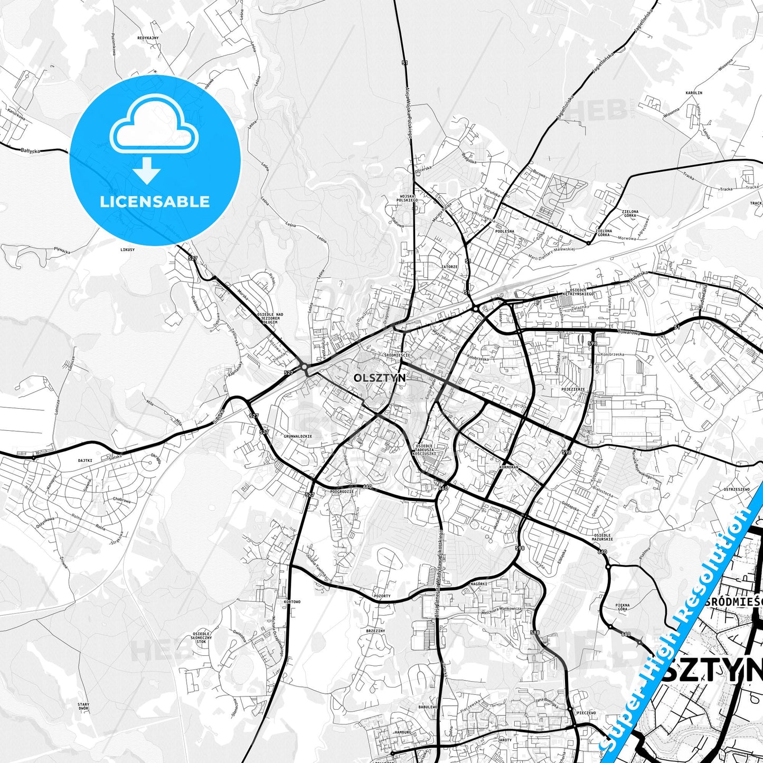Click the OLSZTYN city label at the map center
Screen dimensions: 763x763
click(380, 378)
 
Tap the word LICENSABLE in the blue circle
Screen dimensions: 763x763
click(155, 202)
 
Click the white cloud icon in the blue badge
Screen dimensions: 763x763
click(154, 125)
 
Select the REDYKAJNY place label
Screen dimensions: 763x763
click(148, 39)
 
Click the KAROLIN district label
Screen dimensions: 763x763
click(694, 92)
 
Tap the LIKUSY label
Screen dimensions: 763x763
click(128, 249)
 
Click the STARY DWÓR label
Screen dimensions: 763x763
click(83, 707)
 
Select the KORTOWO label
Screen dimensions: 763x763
click(291, 602)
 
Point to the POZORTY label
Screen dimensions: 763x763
click(382, 596)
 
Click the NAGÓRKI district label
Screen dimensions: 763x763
click(478, 584)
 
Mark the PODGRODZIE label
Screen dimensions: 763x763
click(342, 492)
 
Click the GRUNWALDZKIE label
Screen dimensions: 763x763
click(298, 437)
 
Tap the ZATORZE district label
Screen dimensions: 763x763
click(449, 267)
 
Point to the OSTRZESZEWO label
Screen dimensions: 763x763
click(737, 489)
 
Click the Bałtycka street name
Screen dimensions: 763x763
click(31, 150)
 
